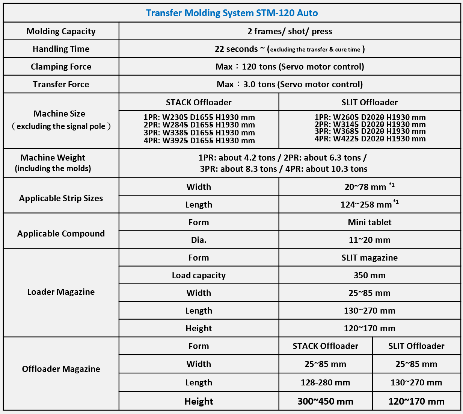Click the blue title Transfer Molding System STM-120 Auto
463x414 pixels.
click(x=232, y=13)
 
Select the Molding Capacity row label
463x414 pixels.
click(x=61, y=31)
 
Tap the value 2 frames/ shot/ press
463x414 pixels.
click(x=290, y=31)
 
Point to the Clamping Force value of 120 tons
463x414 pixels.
click(x=290, y=67)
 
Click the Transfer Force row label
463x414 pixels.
click(x=61, y=84)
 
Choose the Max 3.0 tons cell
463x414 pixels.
click(x=290, y=84)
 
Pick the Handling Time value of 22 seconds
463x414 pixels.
click(x=290, y=49)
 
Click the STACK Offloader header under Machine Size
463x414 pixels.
click(x=199, y=102)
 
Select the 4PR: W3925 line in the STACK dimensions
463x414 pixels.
click(x=199, y=141)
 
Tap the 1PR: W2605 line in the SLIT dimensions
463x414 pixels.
click(x=370, y=117)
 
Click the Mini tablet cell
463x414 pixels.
click(x=369, y=222)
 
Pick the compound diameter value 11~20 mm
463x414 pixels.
click(x=369, y=240)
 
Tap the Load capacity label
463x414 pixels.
click(x=199, y=275)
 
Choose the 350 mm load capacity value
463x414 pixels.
click(x=369, y=275)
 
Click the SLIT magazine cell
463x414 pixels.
click(x=369, y=258)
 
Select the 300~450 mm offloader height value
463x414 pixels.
click(x=325, y=401)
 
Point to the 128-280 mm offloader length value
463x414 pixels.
click(x=325, y=382)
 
